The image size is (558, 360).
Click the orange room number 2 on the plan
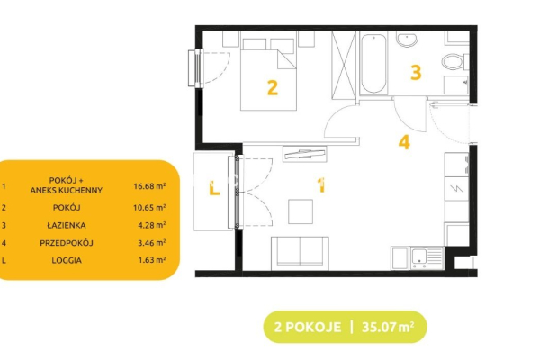272,88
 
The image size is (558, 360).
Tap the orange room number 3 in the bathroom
416,73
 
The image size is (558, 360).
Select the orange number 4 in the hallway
404,142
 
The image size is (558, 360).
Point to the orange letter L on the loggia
214,188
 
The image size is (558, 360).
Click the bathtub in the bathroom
373,64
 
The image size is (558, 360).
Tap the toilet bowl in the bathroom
454,62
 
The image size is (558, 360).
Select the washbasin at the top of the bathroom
407,40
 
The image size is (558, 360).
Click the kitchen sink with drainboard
427,258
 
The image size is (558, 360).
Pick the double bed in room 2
269,75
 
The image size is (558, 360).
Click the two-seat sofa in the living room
300,253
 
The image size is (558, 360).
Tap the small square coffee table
301,211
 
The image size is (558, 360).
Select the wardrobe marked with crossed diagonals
344,65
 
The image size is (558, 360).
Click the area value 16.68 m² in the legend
149,185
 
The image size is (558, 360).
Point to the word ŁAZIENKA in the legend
67,225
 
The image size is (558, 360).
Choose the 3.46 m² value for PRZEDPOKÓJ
152,243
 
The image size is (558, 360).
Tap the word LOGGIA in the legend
67,260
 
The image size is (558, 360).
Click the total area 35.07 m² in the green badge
388,327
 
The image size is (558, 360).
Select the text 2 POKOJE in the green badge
308,327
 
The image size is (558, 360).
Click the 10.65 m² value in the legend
149,207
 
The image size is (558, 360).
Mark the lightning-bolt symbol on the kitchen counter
456,188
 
